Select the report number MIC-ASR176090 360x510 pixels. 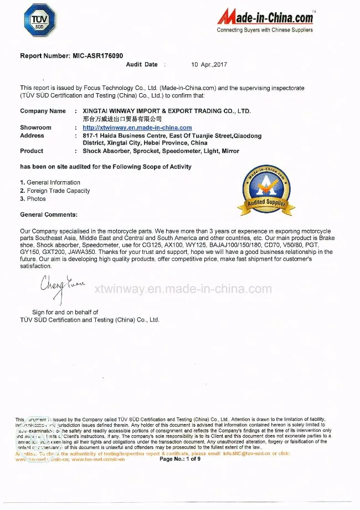[x=97, y=56]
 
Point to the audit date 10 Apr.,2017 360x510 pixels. [x=209, y=64]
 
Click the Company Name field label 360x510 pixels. [x=43, y=111]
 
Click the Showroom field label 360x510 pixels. [x=35, y=127]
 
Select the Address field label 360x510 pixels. [x=32, y=135]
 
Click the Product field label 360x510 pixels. [x=32, y=151]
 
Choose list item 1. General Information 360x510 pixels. [x=50, y=182]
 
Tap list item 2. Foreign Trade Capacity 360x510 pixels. [x=55, y=191]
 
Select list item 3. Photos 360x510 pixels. [x=33, y=198]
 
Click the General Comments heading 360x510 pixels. [x=49, y=215]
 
